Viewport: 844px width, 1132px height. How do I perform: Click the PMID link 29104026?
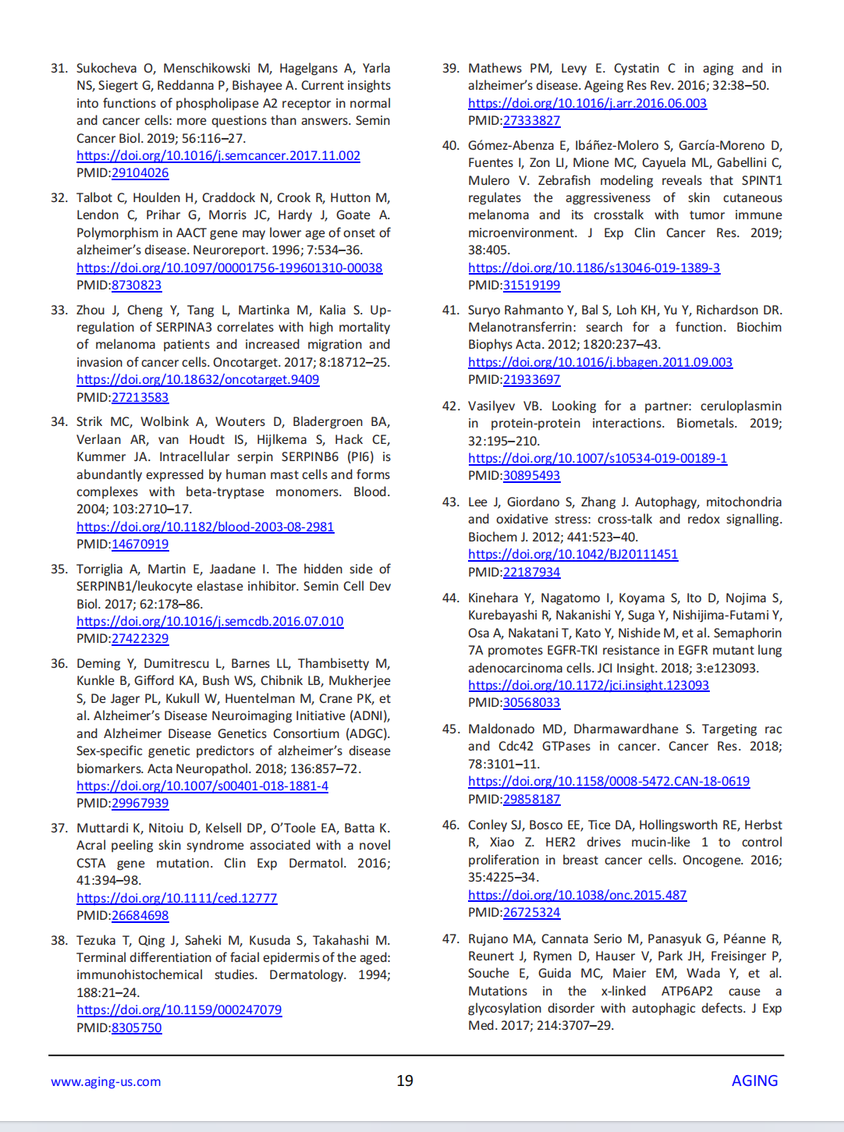[140, 173]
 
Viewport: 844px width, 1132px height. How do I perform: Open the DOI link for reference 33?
[197, 380]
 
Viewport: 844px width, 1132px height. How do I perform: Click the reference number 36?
[59, 664]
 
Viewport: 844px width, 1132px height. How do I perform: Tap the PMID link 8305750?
[137, 1028]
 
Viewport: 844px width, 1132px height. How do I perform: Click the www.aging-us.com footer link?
[106, 1082]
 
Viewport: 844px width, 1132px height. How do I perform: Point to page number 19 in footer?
[405, 1081]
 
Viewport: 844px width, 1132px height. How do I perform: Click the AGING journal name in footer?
[754, 1081]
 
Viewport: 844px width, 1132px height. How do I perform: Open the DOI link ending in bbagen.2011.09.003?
[600, 363]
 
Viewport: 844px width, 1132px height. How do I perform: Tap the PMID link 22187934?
[531, 573]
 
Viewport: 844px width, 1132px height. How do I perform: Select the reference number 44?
[451, 598]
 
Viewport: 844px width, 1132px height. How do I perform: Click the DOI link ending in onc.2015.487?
[577, 896]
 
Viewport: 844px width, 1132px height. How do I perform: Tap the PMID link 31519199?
[531, 286]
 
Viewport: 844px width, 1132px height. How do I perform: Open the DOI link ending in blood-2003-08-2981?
[205, 527]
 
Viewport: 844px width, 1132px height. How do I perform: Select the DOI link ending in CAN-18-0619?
[608, 782]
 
